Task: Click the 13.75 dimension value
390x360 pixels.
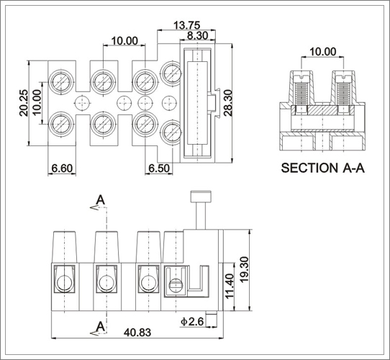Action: (186, 25)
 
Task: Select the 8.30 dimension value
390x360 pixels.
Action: (197, 35)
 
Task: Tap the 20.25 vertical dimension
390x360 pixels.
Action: (24, 103)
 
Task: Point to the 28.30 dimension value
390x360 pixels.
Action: (227, 103)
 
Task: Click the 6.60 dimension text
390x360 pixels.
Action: (62, 168)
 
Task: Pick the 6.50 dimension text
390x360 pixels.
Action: (159, 168)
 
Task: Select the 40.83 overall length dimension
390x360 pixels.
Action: (137, 333)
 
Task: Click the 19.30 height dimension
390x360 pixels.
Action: (245, 269)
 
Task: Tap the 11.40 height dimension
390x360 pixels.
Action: (229, 286)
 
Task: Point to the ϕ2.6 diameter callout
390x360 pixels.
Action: (192, 322)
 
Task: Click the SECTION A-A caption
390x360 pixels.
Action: (322, 168)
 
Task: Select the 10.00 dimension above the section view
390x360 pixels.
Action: (322, 52)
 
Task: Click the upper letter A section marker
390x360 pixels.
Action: (101, 199)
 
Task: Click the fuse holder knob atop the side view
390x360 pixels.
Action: (201, 196)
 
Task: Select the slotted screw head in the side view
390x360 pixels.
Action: (176, 285)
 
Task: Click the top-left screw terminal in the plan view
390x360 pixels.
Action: (61, 82)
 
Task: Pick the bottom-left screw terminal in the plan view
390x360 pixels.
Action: (61, 124)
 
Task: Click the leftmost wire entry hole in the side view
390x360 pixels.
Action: (64, 283)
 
